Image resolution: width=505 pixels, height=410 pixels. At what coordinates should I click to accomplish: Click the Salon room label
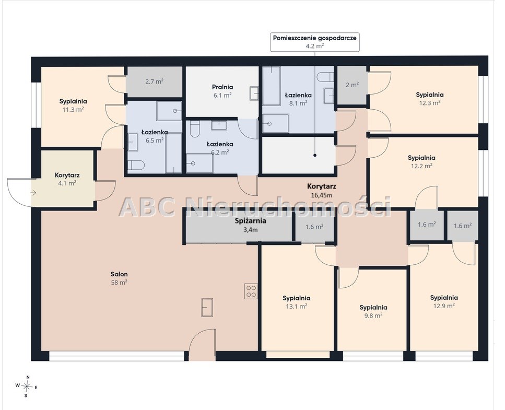click(119, 274)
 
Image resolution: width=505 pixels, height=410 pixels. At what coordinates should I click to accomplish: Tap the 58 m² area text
click(119, 283)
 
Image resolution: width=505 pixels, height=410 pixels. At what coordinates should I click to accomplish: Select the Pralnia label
click(222, 87)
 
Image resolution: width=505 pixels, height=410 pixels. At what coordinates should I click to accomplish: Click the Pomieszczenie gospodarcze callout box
click(315, 42)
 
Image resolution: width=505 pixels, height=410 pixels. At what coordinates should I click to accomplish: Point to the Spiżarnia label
click(251, 221)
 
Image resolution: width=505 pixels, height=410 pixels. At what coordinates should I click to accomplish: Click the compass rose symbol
click(28, 385)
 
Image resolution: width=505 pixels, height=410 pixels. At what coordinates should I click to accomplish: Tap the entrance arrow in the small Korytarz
click(33, 193)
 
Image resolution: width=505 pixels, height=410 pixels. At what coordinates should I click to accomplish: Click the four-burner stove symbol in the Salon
click(251, 291)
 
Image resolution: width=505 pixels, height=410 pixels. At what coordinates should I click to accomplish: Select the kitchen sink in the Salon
click(207, 307)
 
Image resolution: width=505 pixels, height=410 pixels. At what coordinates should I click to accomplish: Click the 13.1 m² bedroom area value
click(296, 306)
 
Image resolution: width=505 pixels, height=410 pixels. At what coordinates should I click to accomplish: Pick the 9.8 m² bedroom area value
click(373, 315)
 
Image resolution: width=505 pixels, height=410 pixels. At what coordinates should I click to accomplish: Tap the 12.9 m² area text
click(444, 306)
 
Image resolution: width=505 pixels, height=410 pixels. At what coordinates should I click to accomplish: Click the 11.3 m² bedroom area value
click(73, 110)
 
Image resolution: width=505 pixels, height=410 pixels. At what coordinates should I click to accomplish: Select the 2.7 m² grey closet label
click(154, 81)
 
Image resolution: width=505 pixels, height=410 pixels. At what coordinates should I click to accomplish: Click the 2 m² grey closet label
click(352, 85)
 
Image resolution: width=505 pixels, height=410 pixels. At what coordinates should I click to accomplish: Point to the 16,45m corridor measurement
click(321, 195)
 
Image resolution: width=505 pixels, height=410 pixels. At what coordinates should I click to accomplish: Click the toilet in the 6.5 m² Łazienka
click(136, 165)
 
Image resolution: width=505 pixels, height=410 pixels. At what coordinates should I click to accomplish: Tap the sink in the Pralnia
click(253, 93)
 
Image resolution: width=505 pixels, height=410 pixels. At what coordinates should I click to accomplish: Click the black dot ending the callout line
click(315, 155)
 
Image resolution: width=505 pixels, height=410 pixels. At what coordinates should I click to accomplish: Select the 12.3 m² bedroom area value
click(430, 103)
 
